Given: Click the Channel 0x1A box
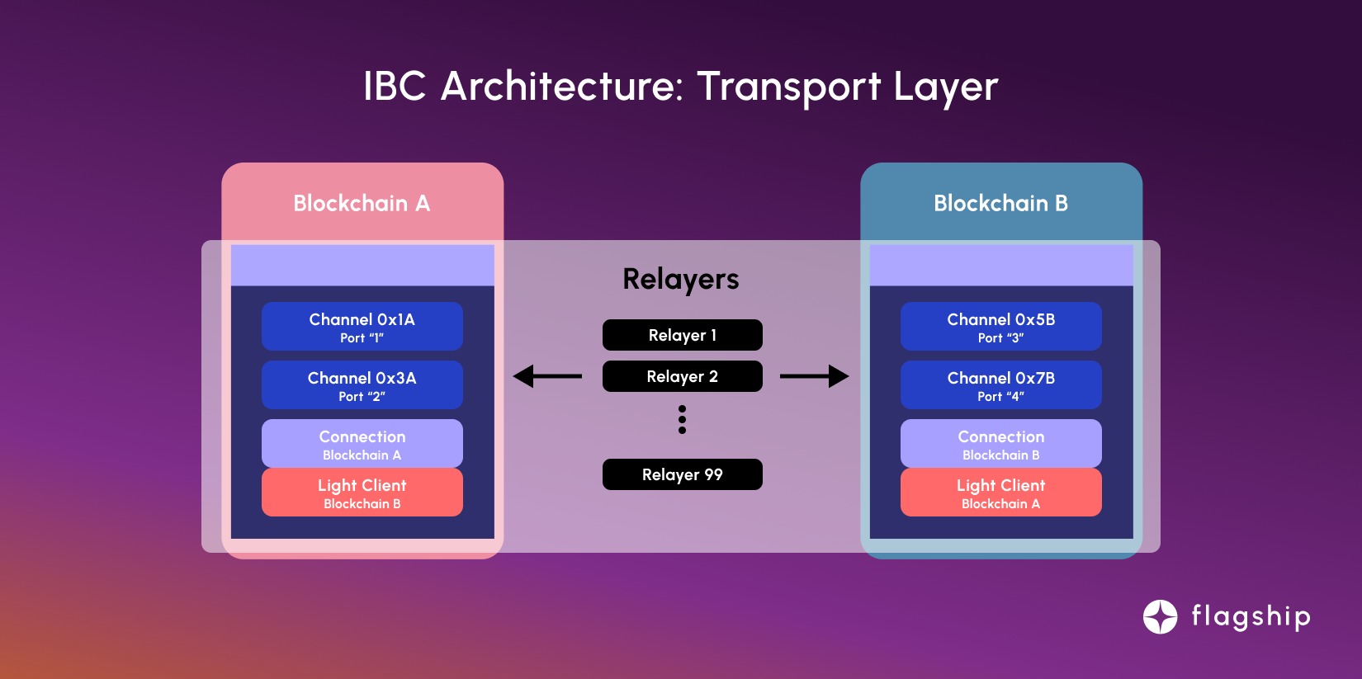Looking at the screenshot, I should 362,326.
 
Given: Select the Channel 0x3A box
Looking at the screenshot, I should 362,384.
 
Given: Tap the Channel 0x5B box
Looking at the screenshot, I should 1000,326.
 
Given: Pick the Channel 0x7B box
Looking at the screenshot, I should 1000,384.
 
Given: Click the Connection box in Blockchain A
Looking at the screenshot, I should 362,443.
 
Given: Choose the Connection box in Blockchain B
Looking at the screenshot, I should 1000,443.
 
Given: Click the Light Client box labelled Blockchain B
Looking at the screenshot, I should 362,493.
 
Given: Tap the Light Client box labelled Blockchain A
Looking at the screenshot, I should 1000,493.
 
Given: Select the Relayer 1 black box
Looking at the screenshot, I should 682,335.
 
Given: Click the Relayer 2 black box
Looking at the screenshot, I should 682,376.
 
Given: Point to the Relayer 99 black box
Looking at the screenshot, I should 682,474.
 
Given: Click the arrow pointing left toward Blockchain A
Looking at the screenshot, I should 547,376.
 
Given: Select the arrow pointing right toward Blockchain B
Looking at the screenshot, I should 814,376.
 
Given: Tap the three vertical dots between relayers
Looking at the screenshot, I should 682,419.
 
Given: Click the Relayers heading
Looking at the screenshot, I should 681,279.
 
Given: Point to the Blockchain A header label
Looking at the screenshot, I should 362,203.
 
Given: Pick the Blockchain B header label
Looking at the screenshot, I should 1000,203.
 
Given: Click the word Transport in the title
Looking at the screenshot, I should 789,87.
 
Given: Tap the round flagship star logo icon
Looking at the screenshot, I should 1160,616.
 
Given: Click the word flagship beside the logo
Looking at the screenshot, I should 1251,616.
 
